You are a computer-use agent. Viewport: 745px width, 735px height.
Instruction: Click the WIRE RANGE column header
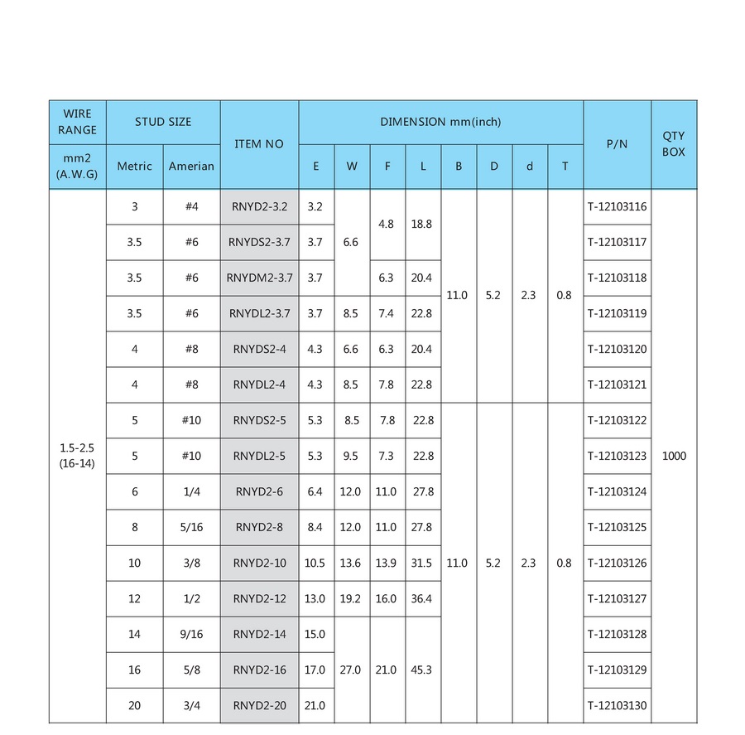77,121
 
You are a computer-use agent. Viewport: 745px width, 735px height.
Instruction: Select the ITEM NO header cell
259,144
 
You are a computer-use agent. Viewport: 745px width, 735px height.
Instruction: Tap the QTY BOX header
674,144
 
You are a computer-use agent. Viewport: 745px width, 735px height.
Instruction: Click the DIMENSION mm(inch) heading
440,122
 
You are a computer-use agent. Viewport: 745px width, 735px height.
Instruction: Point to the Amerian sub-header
191,166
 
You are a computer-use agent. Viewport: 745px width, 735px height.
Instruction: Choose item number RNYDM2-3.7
259,278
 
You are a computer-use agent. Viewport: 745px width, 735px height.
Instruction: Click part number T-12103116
617,206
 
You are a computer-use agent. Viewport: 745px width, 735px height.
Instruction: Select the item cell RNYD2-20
259,705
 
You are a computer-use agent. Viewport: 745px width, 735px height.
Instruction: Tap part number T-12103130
617,705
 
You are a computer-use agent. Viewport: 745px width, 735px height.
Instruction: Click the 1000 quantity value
674,456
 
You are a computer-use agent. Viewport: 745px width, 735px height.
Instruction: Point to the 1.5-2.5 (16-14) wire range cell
77,456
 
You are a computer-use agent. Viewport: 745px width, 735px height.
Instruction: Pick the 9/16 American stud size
191,634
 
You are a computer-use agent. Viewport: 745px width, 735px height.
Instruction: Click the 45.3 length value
422,670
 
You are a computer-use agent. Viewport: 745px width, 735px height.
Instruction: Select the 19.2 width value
350,598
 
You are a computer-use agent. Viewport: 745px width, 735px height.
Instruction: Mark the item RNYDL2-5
259,456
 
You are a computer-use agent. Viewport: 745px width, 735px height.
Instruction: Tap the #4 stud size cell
191,206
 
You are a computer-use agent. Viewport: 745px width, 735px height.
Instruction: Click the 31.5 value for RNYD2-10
422,563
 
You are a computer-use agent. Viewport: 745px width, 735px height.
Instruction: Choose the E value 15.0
315,634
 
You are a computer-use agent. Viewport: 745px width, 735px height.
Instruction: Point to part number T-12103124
617,491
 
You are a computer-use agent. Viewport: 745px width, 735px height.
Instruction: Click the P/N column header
617,144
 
